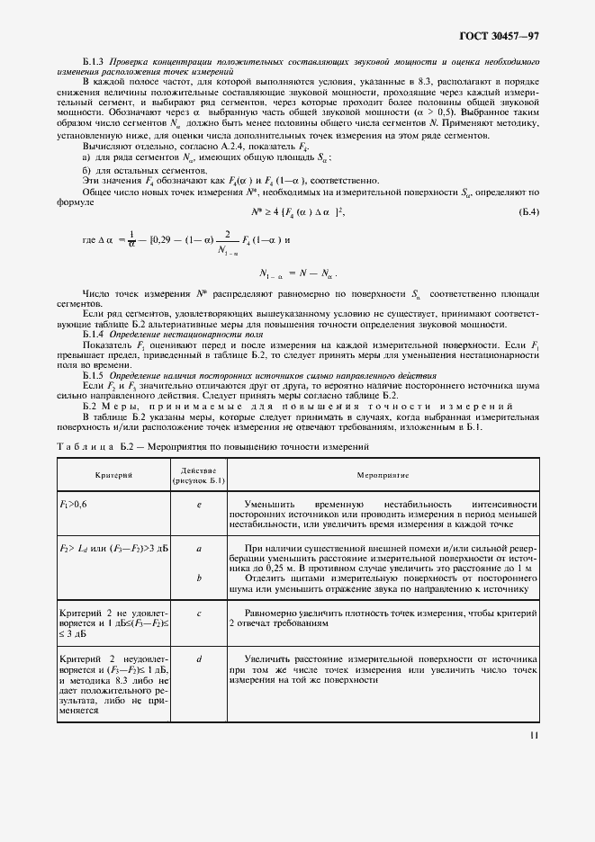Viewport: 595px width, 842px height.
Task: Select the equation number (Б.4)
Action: pyautogui.click(x=528, y=212)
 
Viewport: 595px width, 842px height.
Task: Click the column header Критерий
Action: pyautogui.click(x=113, y=474)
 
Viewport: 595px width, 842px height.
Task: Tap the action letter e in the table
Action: pyautogui.click(x=198, y=505)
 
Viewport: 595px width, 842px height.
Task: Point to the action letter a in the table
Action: pyautogui.click(x=198, y=547)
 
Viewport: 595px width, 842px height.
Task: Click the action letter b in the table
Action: pyautogui.click(x=198, y=578)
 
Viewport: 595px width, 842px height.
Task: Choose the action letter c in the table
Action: pyautogui.click(x=198, y=613)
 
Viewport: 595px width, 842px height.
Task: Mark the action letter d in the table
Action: pyautogui.click(x=198, y=658)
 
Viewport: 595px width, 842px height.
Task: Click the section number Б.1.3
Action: pyautogui.click(x=95, y=60)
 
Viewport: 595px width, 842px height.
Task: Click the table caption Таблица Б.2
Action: pyautogui.click(x=212, y=446)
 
